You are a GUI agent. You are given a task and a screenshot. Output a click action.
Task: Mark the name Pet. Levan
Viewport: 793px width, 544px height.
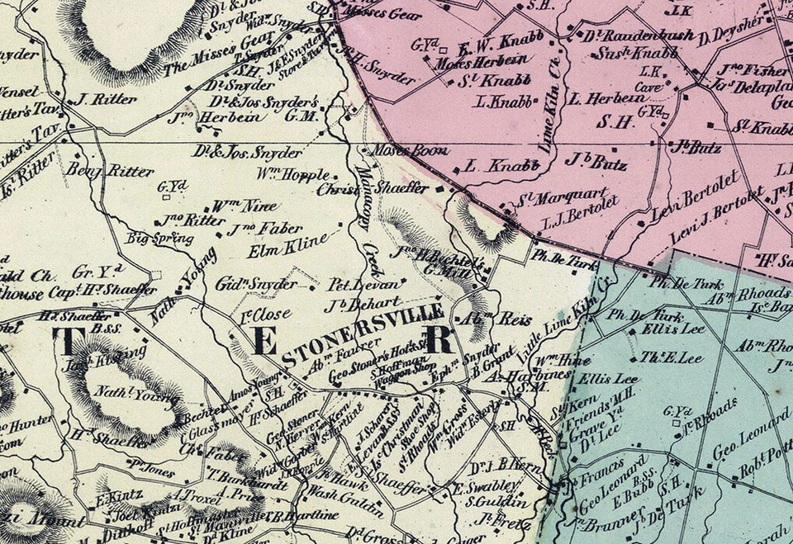[x=354, y=282]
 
